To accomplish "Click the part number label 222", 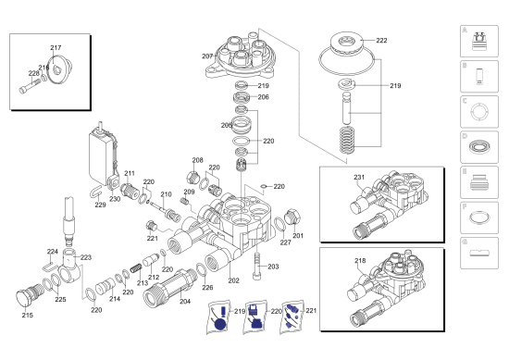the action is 381,40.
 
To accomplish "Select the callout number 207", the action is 207,56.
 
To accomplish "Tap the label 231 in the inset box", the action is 359,178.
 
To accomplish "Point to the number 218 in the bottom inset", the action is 360,260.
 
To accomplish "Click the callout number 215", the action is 28,315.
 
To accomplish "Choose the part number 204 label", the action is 185,302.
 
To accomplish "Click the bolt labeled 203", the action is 256,266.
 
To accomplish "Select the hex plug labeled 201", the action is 292,217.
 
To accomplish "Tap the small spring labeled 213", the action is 136,268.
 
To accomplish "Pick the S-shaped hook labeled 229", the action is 95,192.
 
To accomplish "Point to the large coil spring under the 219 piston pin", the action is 347,140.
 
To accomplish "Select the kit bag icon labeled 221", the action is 292,317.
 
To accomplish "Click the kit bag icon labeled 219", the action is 219,317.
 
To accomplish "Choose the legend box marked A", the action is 479,42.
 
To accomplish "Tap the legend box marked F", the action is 479,217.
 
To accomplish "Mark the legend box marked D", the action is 479,147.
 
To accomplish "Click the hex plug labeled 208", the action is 192,178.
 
